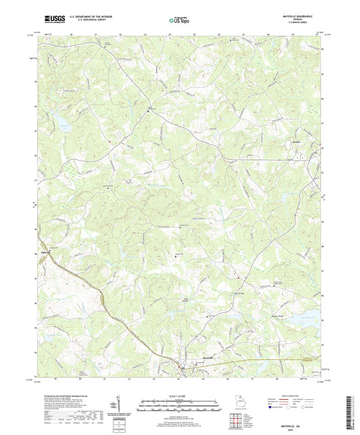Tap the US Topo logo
[x=177, y=21]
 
